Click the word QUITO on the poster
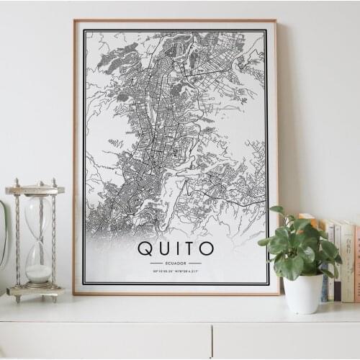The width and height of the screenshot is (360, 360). pos(176,249)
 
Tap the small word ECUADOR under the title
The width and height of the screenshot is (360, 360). pos(176,264)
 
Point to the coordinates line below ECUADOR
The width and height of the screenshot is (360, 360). pos(176,271)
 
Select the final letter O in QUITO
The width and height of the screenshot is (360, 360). pos(206,249)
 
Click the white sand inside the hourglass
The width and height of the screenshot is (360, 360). pos(38,273)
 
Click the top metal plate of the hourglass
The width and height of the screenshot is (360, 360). pos(35,190)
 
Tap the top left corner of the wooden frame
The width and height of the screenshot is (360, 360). pos(75,21)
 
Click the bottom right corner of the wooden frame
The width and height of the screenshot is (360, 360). pos(277,293)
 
